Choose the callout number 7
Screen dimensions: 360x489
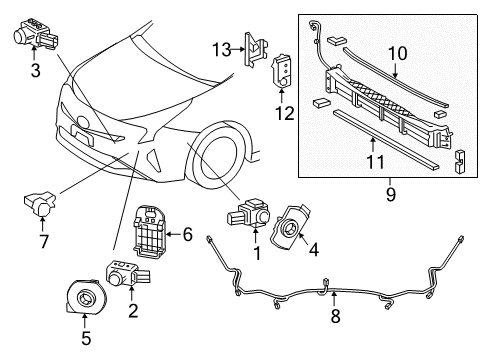click(41, 242)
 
